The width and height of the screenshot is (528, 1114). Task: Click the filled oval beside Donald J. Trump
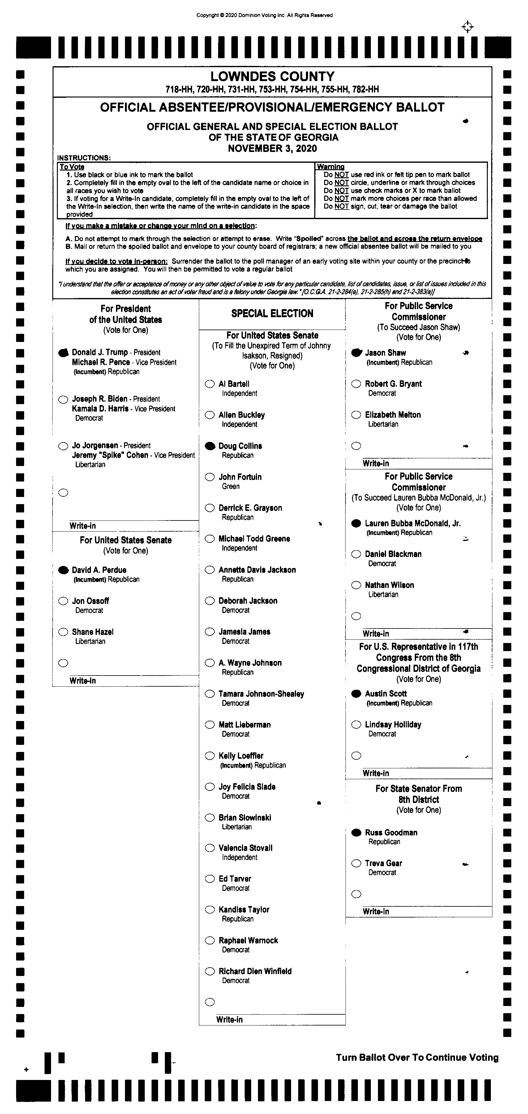64,352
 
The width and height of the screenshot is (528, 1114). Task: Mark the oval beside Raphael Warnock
210,940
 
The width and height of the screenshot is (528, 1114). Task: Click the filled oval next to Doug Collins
210,446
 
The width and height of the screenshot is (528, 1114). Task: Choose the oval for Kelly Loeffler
210,755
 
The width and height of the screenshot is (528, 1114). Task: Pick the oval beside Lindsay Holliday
356,724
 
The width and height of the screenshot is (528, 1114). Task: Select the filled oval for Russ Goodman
356,832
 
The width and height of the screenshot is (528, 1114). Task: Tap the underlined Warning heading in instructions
330,166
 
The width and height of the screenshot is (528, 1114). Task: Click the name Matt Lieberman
244,724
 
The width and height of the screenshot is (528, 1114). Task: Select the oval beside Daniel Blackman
356,554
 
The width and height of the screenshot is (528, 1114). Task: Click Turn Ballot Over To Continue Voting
417,1057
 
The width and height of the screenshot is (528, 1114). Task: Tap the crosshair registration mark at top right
467,27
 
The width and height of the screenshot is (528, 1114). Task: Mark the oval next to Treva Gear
356,863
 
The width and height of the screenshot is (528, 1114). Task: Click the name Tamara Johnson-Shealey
261,694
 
